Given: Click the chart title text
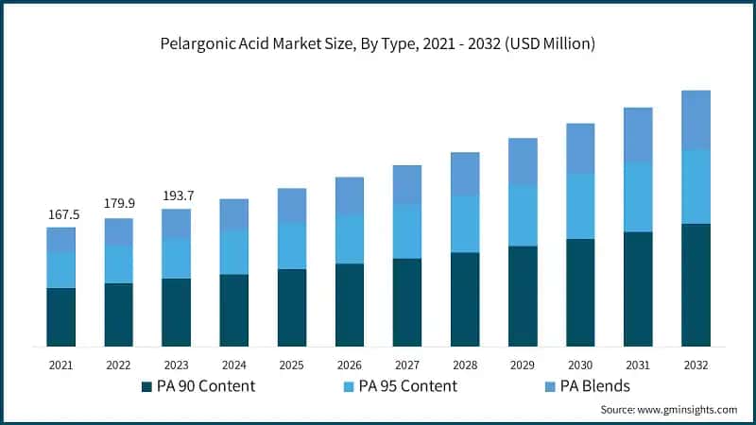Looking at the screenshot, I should click(x=378, y=43).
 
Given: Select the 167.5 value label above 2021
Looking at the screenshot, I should click(x=63, y=215).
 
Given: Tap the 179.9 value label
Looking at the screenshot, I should click(x=119, y=203).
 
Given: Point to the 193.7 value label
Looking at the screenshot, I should click(x=177, y=195).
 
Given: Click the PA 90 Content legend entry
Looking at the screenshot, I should click(x=198, y=386).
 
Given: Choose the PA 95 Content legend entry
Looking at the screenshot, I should click(x=397, y=386).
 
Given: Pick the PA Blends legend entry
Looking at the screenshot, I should click(x=586, y=386).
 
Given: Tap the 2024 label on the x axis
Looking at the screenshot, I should click(x=233, y=365).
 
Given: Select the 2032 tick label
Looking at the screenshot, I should click(x=696, y=365).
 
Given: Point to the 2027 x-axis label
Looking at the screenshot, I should click(x=407, y=365).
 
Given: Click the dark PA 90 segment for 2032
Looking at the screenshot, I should click(x=696, y=285).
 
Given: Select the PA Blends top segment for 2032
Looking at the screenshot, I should click(x=696, y=120).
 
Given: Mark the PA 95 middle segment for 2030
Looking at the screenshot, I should click(x=580, y=206).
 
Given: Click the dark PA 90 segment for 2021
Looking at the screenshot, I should click(x=61, y=317).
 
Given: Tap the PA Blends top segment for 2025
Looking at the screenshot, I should click(x=292, y=206).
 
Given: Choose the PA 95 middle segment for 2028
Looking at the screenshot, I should click(x=465, y=224).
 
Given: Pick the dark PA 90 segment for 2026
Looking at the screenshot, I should click(x=350, y=305).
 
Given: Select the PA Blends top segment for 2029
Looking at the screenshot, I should click(x=523, y=162).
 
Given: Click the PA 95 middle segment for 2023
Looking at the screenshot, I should click(x=177, y=258).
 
